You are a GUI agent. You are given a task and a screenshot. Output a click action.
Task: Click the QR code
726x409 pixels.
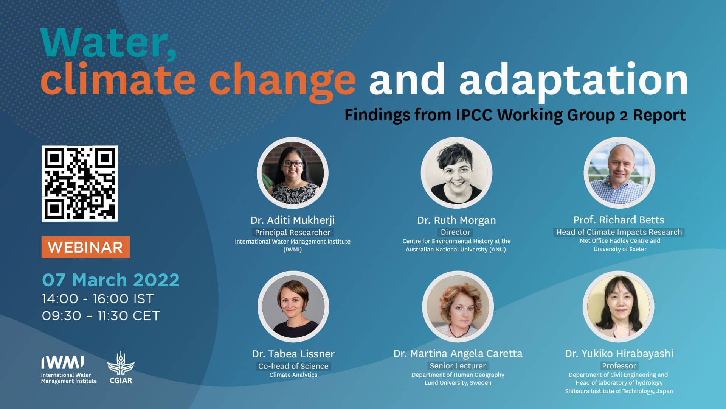pyautogui.click(x=79, y=183)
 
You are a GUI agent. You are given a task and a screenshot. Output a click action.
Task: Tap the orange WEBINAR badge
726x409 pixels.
pyautogui.click(x=85, y=247)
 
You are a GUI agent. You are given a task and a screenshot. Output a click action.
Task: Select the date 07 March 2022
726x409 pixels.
pyautogui.click(x=111, y=280)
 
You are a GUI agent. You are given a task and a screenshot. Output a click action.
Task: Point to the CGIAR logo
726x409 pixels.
pyautogui.click(x=121, y=368)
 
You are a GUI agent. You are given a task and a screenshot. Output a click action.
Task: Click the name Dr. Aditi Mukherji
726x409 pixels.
pyautogui.click(x=293, y=220)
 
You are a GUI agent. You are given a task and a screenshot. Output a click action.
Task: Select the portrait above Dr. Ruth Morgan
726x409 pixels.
pyautogui.click(x=456, y=173)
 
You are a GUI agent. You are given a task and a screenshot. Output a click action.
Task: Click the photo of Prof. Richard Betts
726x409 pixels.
pyautogui.click(x=619, y=173)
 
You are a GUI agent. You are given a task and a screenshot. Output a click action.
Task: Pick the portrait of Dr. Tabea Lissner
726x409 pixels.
pyautogui.click(x=293, y=306)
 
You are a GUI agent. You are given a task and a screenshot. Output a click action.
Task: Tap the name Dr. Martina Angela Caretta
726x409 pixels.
pyautogui.click(x=458, y=354)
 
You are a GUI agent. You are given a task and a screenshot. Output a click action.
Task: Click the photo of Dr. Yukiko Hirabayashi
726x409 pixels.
pyautogui.click(x=619, y=306)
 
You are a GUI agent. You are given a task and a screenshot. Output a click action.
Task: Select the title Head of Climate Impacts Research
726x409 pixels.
pyautogui.click(x=619, y=232)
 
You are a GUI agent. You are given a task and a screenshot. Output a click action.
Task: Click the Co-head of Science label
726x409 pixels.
pyautogui.click(x=293, y=366)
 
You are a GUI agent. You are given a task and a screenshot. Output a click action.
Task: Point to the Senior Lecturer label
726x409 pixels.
pyautogui.click(x=458, y=366)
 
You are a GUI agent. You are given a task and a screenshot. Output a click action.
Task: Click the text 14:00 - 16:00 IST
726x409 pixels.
pyautogui.click(x=98, y=299)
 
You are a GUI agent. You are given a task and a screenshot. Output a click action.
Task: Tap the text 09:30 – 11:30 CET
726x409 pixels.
pyautogui.click(x=101, y=316)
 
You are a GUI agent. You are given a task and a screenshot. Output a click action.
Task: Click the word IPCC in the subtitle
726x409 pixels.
pyautogui.click(x=474, y=115)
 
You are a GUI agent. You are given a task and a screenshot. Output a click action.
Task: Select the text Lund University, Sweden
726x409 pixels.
pyautogui.click(x=458, y=383)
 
